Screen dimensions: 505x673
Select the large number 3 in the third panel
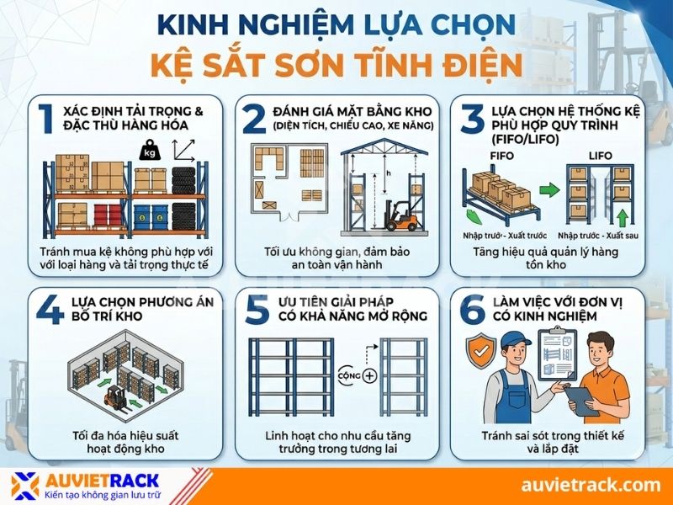472,118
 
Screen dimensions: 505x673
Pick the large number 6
474,309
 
